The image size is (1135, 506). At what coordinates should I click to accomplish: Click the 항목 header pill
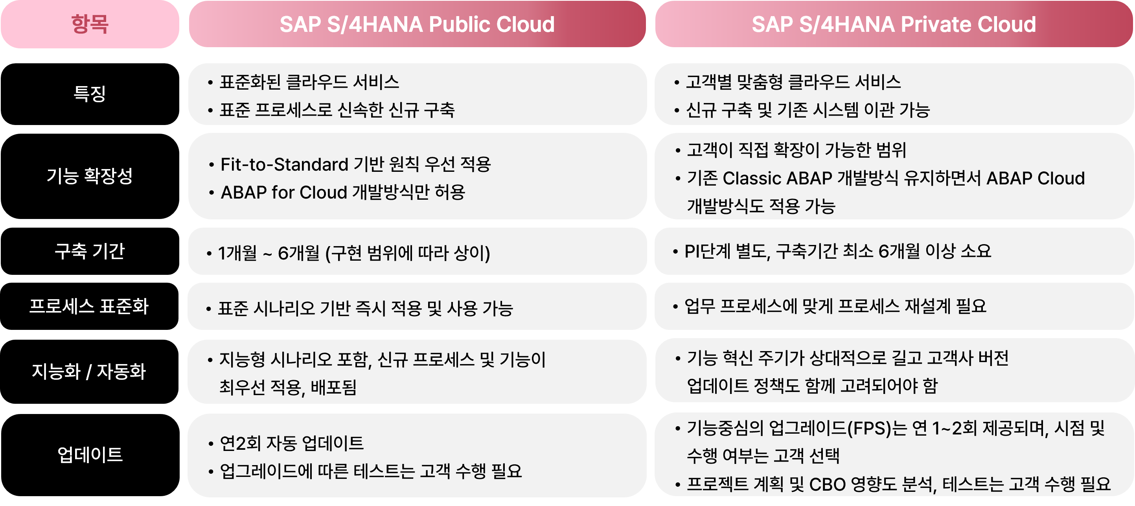click(90, 24)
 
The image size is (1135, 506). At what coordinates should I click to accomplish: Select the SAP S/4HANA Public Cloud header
click(417, 24)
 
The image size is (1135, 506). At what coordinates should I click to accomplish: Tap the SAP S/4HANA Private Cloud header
click(894, 24)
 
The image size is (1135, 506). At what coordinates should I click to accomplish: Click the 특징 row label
click(90, 94)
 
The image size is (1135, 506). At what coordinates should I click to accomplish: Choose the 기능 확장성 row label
click(90, 176)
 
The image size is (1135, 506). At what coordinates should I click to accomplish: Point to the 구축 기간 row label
click(90, 251)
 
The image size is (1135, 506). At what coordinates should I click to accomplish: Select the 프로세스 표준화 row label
click(90, 306)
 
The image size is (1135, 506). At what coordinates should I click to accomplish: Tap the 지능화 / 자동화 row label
click(90, 372)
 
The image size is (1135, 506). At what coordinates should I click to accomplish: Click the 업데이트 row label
click(90, 455)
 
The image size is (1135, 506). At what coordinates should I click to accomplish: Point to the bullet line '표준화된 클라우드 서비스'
click(309, 83)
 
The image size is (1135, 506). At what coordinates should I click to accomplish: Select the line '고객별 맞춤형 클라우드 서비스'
click(793, 83)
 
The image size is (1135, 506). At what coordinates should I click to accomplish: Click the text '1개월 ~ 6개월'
click(269, 253)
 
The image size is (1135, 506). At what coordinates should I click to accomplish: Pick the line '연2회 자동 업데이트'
click(292, 443)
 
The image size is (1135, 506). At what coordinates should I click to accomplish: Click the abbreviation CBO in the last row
click(828, 484)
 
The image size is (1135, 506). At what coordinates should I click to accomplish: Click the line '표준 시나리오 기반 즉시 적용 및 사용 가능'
click(366, 309)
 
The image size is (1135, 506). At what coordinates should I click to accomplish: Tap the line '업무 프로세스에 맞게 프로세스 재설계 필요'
click(835, 306)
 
